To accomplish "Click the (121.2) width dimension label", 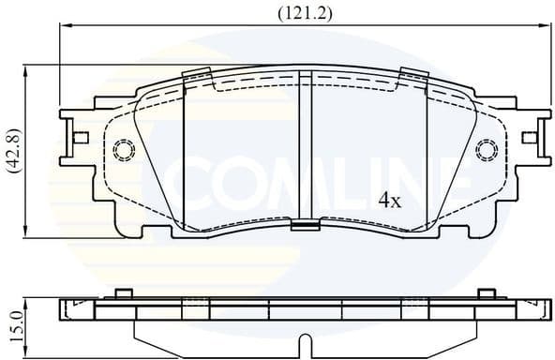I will click(306, 13).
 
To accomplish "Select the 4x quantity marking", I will click(389, 200).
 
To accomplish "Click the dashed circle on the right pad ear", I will click(486, 150).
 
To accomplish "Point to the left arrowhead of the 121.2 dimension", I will click(66, 27).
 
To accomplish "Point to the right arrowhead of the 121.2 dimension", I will click(545, 27).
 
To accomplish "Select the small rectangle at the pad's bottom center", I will click(304, 223).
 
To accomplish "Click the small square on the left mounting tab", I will click(82, 138).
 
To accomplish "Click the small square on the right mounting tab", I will click(530, 138).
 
